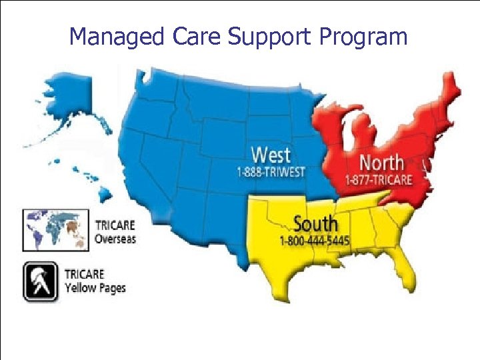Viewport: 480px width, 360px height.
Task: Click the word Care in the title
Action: pyautogui.click(x=193, y=37)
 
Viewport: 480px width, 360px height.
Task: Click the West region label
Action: pyautogui.click(x=271, y=155)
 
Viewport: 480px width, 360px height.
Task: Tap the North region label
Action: pyautogui.click(x=381, y=162)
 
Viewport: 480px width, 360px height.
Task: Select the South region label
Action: pyautogui.click(x=315, y=223)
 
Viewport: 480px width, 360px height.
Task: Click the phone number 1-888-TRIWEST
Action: pyautogui.click(x=271, y=172)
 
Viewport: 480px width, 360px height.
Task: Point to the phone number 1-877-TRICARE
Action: pyautogui.click(x=379, y=179)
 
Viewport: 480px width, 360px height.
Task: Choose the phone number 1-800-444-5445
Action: pyautogui.click(x=315, y=240)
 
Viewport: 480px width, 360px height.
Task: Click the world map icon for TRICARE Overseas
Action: pyautogui.click(x=56, y=229)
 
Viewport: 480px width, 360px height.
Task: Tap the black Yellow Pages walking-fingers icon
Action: pyautogui.click(x=40, y=281)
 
